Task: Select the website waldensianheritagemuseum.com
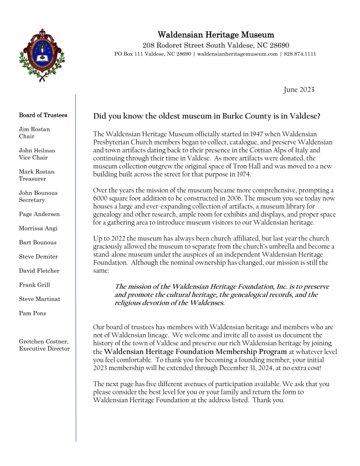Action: point(237,54)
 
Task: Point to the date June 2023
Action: point(299,89)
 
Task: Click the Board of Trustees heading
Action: point(43,115)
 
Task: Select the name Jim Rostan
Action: point(34,129)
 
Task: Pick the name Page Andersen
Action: point(39,214)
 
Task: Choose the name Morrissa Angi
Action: point(38,228)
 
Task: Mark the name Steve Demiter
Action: point(39,257)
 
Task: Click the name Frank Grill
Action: point(34,285)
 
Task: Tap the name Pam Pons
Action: point(33,313)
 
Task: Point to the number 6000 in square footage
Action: point(102,198)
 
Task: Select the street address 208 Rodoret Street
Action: point(174,45)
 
